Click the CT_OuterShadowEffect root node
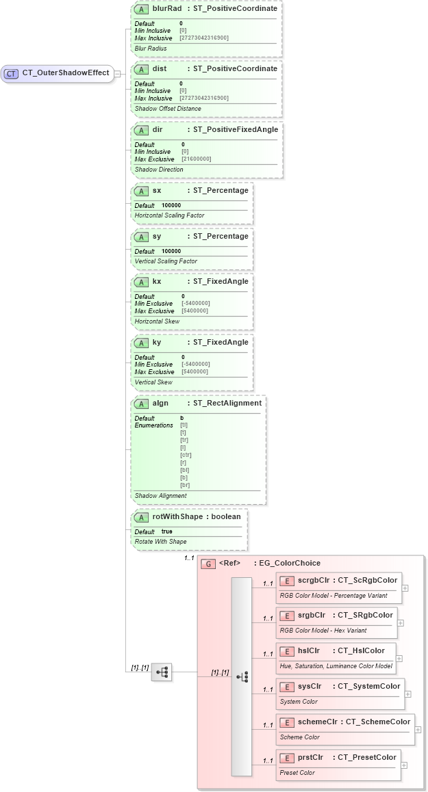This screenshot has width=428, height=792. (65, 73)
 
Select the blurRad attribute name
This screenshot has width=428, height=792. (166, 8)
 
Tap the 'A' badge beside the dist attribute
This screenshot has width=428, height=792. (141, 69)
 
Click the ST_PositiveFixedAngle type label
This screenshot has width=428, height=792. (236, 129)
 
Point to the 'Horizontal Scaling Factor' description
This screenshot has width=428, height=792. (169, 215)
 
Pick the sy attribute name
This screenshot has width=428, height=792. (157, 236)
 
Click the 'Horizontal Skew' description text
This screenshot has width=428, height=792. (157, 321)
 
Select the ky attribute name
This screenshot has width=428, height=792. (157, 342)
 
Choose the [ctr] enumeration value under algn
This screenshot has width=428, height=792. (186, 455)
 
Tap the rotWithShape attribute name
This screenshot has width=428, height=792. (177, 516)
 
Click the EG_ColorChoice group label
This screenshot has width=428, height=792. (287, 563)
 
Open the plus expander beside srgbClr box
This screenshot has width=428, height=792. (401, 623)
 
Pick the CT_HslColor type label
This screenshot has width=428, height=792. (360, 650)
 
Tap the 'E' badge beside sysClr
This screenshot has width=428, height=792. (288, 687)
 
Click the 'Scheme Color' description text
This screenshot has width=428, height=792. (299, 737)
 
